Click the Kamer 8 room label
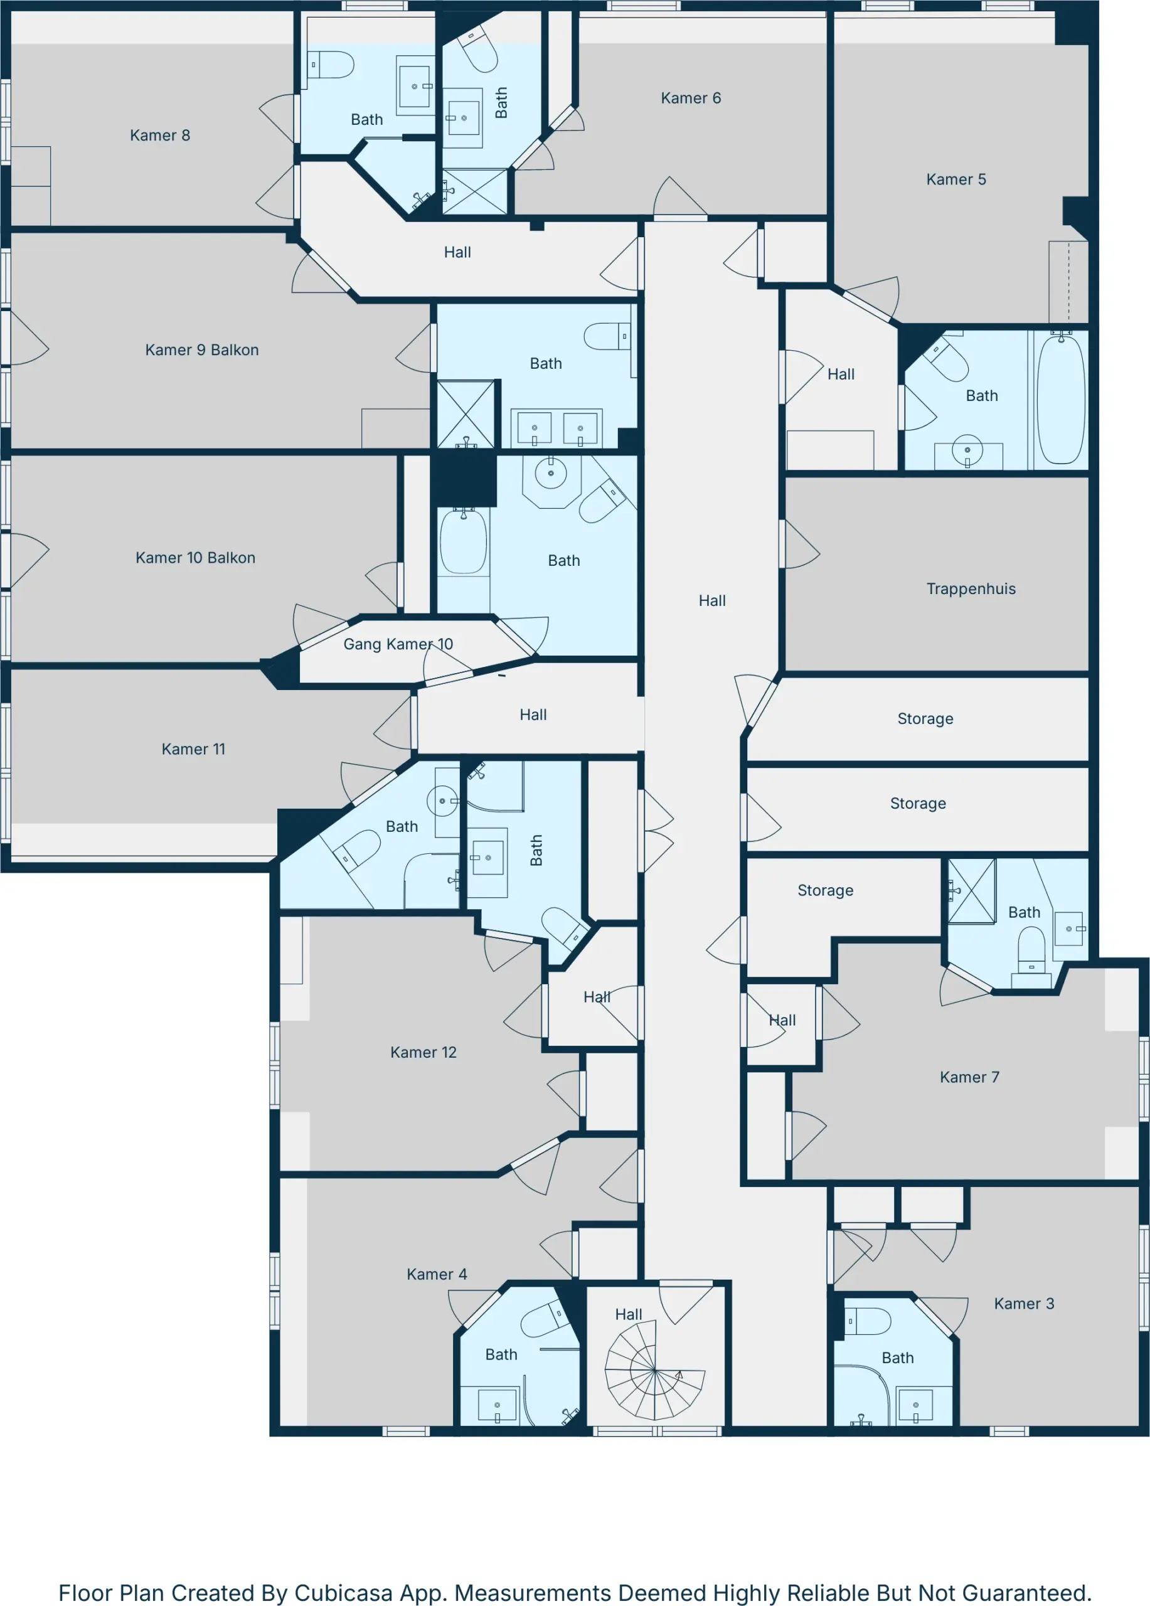[x=160, y=136]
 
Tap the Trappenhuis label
[x=971, y=589]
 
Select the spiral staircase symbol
[x=655, y=1373]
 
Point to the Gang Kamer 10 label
[x=398, y=644]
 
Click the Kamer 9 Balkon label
[x=202, y=350]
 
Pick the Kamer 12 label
[x=423, y=1053]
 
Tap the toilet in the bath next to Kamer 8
[x=331, y=65]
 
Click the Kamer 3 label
[x=1024, y=1304]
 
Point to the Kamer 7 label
[x=969, y=1078]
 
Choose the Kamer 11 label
[x=193, y=749]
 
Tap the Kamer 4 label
[x=437, y=1275]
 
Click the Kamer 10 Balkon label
[x=196, y=558]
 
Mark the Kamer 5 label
[x=956, y=180]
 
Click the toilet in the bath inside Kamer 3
[x=868, y=1321]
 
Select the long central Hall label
[x=712, y=601]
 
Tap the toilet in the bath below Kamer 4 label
[x=546, y=1319]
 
